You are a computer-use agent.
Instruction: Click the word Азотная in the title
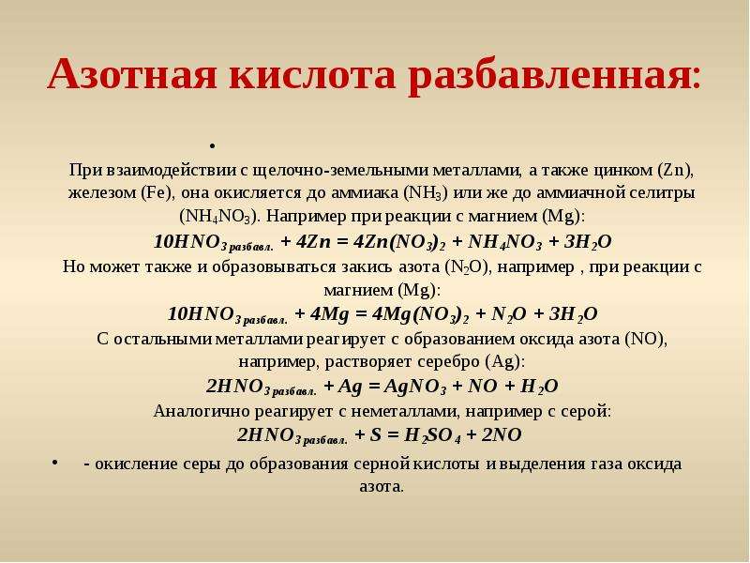click(132, 74)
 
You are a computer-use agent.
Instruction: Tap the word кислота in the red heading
click(313, 75)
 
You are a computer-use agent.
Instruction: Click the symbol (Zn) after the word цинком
click(675, 170)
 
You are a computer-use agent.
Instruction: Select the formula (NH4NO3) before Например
click(219, 217)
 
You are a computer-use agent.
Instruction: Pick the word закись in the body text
click(367, 266)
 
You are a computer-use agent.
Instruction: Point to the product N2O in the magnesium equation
click(509, 314)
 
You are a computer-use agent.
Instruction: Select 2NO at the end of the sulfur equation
click(502, 434)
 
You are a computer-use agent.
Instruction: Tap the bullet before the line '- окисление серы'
click(55, 462)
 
